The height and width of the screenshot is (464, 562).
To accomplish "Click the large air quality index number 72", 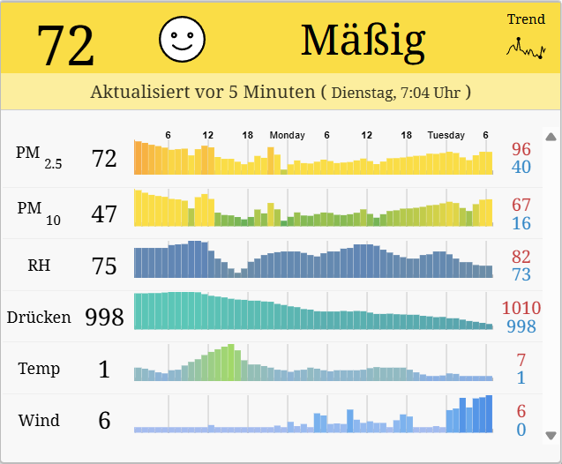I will click(65, 45).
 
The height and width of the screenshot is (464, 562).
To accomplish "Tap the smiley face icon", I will click(182, 38).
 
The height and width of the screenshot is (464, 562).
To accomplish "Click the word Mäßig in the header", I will click(363, 40).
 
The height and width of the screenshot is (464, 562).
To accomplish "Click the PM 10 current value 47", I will click(104, 213).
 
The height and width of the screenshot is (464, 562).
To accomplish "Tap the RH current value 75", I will click(104, 266).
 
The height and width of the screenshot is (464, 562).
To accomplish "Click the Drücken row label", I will click(39, 317).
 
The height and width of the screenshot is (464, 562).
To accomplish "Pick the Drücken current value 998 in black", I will click(104, 318).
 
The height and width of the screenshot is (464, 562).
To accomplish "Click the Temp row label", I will click(39, 368).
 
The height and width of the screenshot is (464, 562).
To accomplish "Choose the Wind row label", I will click(39, 420).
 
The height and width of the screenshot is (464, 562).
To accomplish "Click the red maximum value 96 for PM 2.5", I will click(521, 149).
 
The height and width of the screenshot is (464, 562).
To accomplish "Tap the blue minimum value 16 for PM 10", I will click(521, 223).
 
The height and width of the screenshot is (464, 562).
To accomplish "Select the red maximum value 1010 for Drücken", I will click(521, 308).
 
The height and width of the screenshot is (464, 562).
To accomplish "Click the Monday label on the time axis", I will click(287, 135).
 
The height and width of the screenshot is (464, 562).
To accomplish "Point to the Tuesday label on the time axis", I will click(446, 135).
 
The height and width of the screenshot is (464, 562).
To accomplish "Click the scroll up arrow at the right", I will click(551, 137).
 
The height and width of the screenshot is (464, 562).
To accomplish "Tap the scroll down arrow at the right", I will click(551, 435).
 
